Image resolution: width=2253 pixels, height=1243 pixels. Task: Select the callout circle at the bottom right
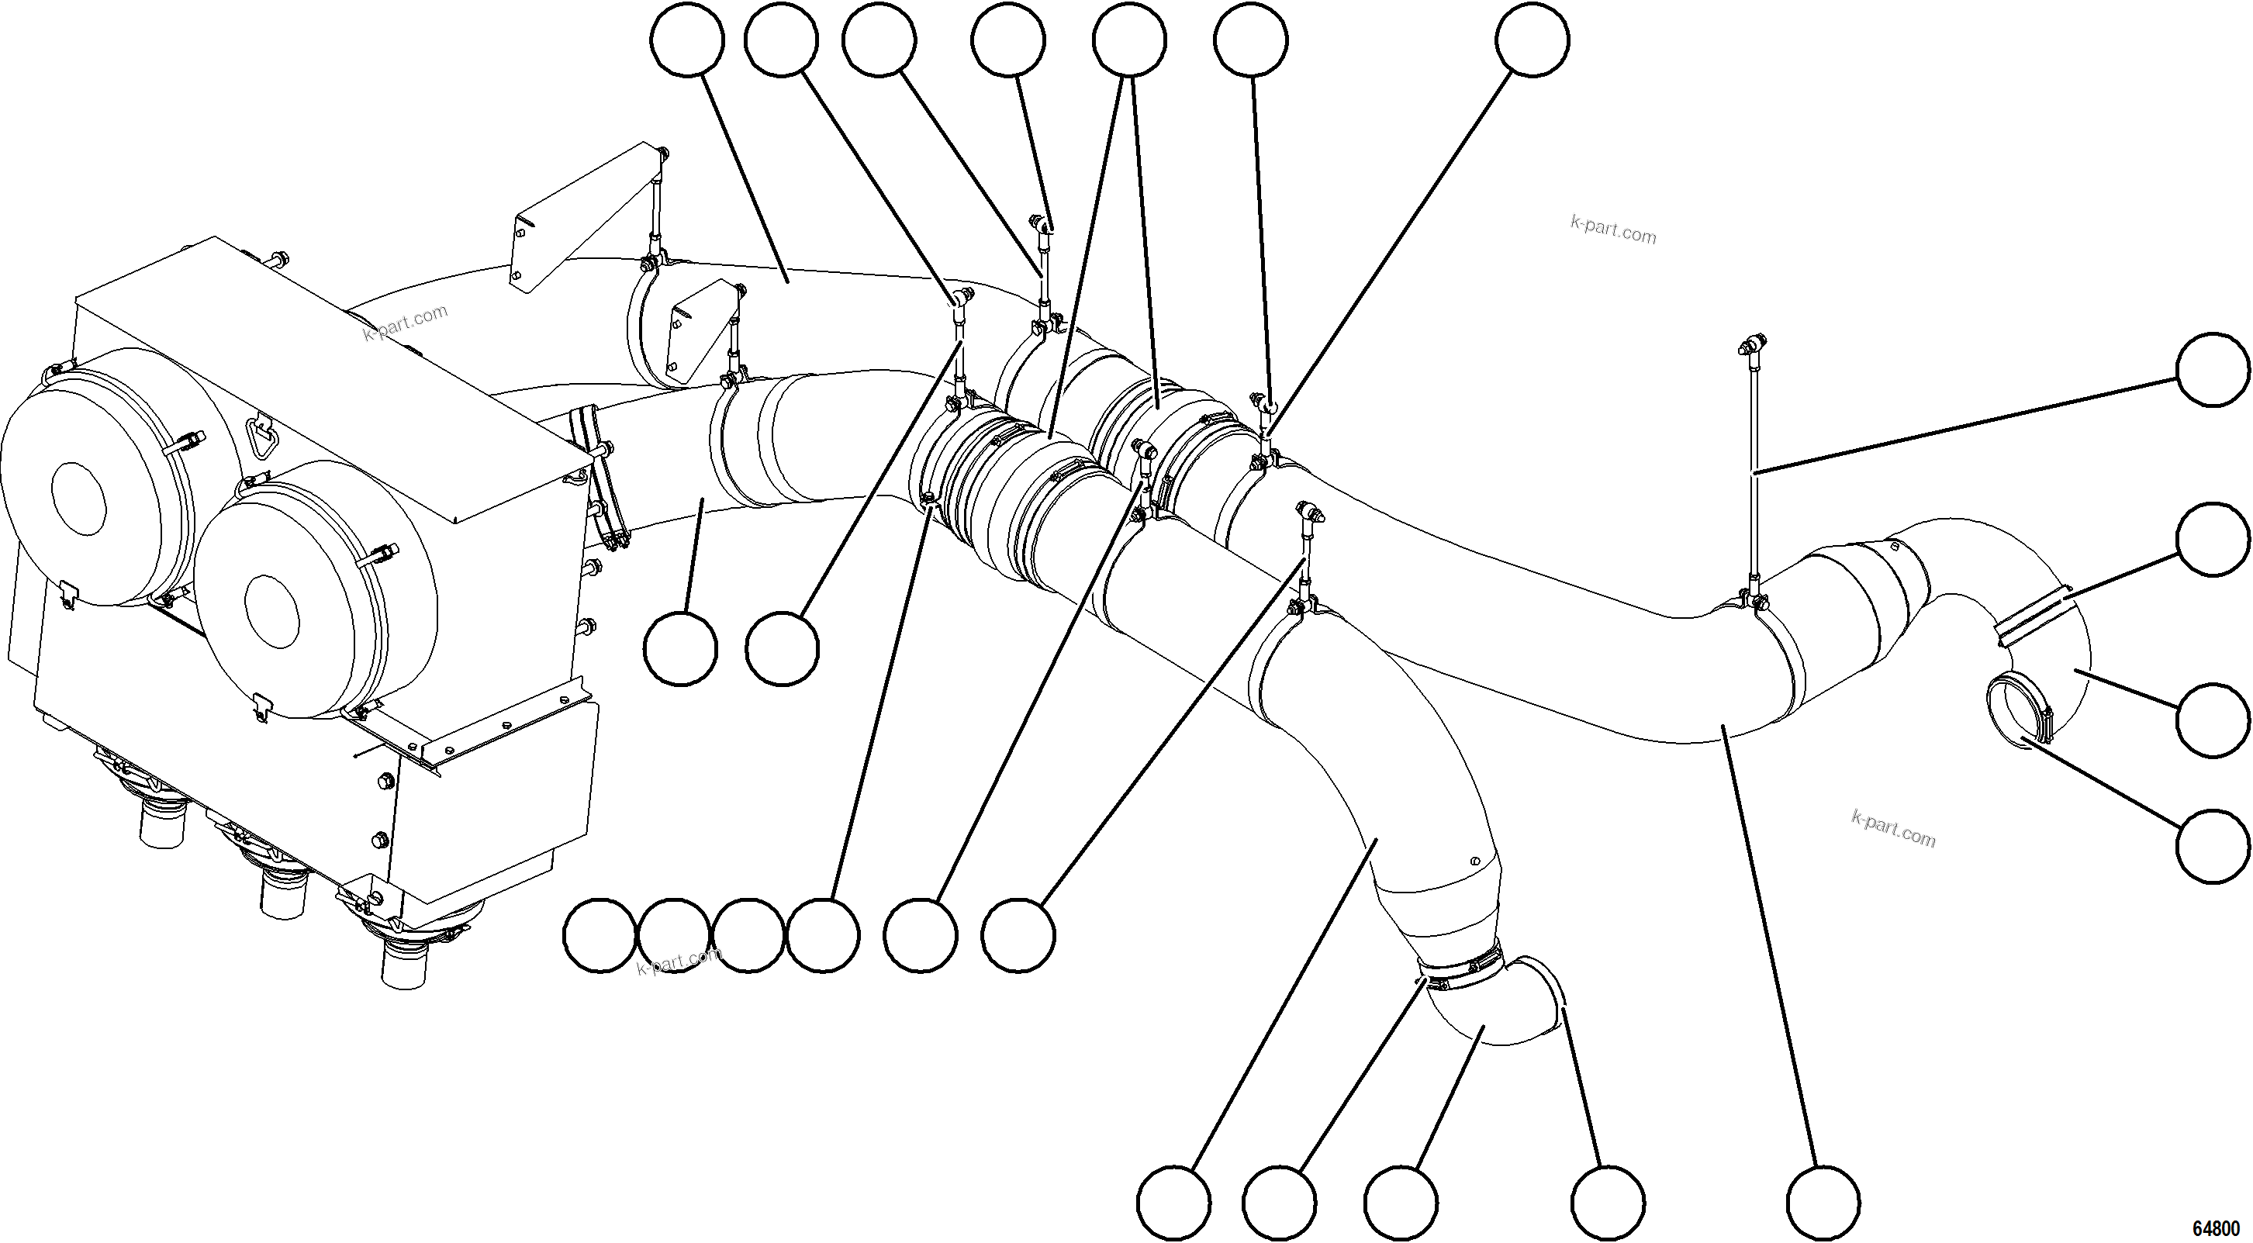1823,1203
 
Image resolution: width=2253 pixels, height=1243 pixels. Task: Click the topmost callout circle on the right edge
2212,369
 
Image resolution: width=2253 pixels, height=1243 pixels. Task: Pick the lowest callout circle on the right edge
2212,845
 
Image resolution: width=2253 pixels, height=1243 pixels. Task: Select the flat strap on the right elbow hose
2032,617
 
